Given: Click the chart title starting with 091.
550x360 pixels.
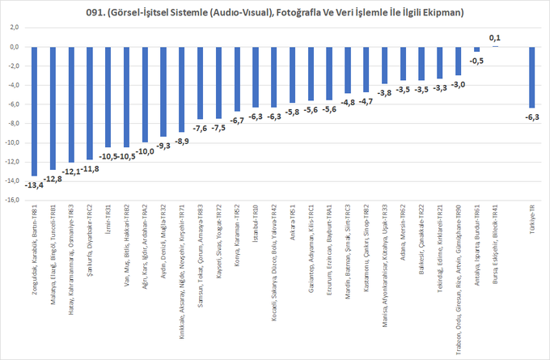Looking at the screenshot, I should pyautogui.click(x=275, y=12).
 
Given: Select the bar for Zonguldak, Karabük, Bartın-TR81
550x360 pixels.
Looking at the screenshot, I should pyautogui.click(x=34, y=110).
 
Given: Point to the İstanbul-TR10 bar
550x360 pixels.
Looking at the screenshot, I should pyautogui.click(x=256, y=77).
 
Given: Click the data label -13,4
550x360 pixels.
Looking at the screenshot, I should pyautogui.click(x=34, y=185).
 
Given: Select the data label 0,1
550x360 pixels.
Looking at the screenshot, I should pyautogui.click(x=495, y=37).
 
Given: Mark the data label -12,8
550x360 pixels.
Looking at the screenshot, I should pyautogui.click(x=53, y=179).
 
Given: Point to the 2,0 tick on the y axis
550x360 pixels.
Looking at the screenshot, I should pyautogui.click(x=15, y=28).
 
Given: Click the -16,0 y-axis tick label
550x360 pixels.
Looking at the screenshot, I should pyautogui.click(x=12, y=201).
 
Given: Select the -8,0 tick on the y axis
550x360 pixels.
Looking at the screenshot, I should pyautogui.click(x=13, y=124).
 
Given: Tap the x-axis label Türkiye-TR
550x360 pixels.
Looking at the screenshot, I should pyautogui.click(x=531, y=222).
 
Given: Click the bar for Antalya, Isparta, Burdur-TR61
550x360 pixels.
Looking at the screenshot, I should pyautogui.click(x=477, y=49).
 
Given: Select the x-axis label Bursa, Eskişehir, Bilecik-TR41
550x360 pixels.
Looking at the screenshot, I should pyautogui.click(x=493, y=244).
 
